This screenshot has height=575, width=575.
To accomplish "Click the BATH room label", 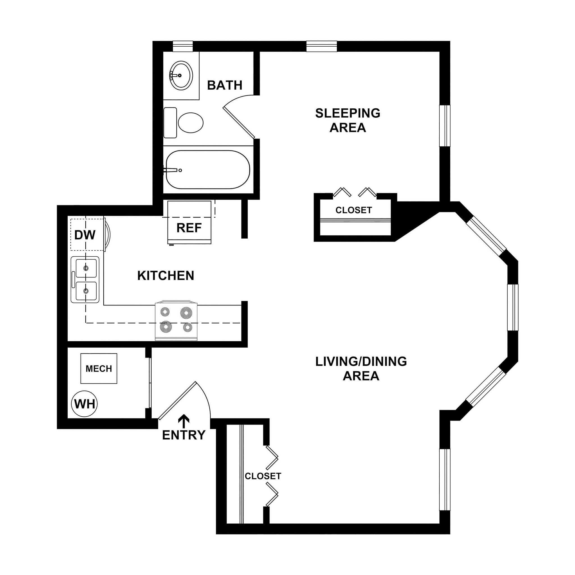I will pyautogui.click(x=225, y=85).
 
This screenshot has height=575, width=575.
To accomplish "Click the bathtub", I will pyautogui.click(x=208, y=170).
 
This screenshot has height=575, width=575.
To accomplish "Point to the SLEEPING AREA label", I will pyautogui.click(x=348, y=120).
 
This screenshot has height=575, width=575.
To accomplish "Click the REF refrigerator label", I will pyautogui.click(x=189, y=228).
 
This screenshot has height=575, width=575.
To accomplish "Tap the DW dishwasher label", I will pyautogui.click(x=85, y=235).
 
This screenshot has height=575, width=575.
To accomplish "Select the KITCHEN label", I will pyautogui.click(x=166, y=276).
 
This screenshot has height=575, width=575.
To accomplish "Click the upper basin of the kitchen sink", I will pyautogui.click(x=86, y=268).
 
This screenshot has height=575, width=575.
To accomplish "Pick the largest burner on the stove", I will pyautogui.click(x=186, y=313).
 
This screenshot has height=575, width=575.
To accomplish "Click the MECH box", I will pyautogui.click(x=99, y=369).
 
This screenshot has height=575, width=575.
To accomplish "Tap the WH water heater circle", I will pyautogui.click(x=85, y=404).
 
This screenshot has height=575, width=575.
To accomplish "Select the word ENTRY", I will pyautogui.click(x=184, y=435).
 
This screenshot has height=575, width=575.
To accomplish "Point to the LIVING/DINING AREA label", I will pyautogui.click(x=361, y=368).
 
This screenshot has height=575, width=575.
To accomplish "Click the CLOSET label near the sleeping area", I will pyautogui.click(x=353, y=210).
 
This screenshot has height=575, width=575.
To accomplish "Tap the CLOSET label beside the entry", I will pyautogui.click(x=263, y=476).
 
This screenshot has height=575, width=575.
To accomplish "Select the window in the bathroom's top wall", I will pyautogui.click(x=183, y=46).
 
